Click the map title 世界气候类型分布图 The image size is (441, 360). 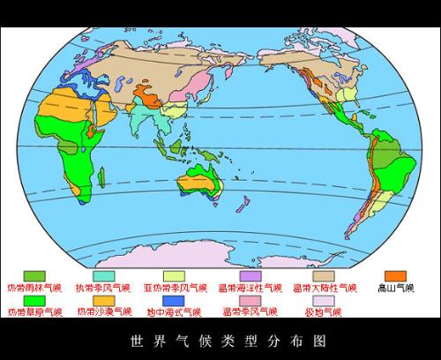coord(220,339)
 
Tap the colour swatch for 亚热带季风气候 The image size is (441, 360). coord(174,276)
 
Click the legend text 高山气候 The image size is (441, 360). coord(394,288)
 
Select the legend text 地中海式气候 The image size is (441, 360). coord(174,312)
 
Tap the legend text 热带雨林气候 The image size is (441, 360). coord(34,288)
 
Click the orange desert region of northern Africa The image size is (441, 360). coord(62,109)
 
